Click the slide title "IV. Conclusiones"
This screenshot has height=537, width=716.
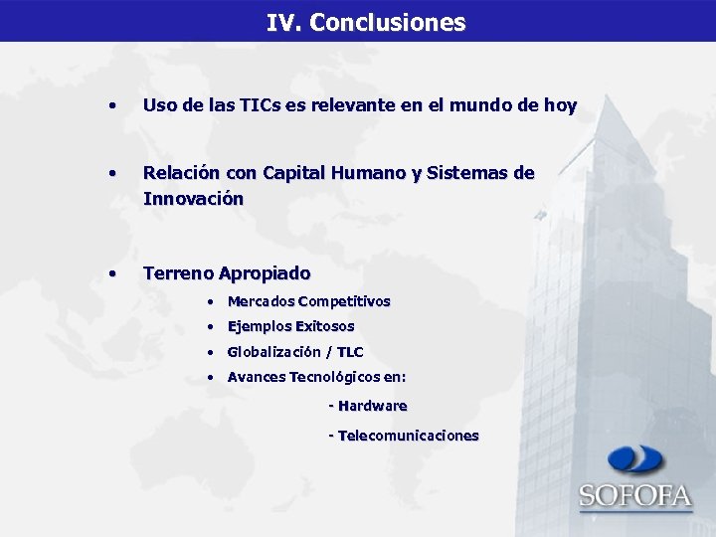pyautogui.click(x=365, y=22)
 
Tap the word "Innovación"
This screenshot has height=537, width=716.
pyautogui.click(x=193, y=198)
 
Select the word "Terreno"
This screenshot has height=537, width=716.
pyautogui.click(x=178, y=272)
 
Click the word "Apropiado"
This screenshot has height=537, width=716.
pyautogui.click(x=265, y=272)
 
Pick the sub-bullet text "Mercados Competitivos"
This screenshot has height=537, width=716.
pyautogui.click(x=308, y=301)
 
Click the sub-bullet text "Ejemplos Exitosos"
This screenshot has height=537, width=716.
pyautogui.click(x=290, y=326)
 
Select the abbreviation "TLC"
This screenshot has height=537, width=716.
pyautogui.click(x=350, y=352)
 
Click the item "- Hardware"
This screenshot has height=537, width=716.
pyautogui.click(x=367, y=406)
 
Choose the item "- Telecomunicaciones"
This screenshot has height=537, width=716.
pyautogui.click(x=403, y=436)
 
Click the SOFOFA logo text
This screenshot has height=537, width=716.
pyautogui.click(x=635, y=494)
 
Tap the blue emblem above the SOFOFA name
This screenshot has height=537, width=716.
pyautogui.click(x=636, y=459)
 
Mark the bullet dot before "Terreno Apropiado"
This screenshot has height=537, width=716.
pyautogui.click(x=114, y=272)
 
